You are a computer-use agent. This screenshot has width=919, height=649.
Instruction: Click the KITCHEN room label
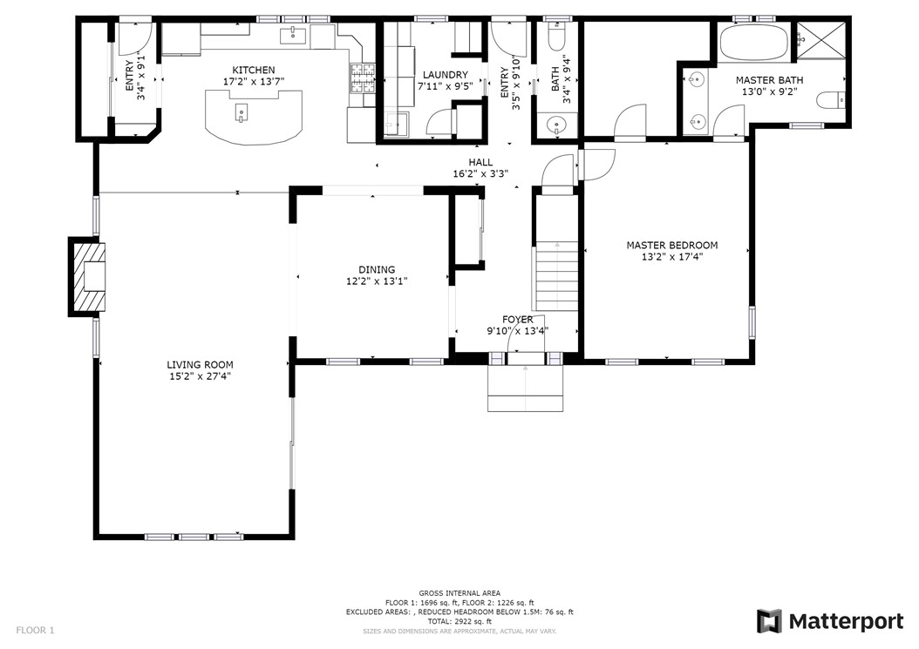pos(253,71)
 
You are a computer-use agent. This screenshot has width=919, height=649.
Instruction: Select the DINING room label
pos(377,269)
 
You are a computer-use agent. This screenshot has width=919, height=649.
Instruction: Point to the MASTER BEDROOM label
pos(672,246)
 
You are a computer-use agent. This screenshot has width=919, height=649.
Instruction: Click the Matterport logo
pos(830,621)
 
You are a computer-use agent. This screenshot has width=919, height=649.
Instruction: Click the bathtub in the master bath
pos(755,42)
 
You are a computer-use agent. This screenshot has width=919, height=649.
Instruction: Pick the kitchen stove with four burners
pos(363,78)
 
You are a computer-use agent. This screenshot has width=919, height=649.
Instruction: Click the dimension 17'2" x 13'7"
pos(253,81)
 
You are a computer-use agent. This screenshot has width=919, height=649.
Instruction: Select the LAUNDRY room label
pos(446,75)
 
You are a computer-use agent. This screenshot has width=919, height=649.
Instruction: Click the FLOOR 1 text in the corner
pos(35,630)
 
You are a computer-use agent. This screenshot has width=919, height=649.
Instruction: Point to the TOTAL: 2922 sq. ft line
pos(459,621)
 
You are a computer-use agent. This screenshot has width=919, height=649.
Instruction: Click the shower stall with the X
pos(820,40)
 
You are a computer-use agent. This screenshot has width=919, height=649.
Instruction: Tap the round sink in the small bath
pos(555,125)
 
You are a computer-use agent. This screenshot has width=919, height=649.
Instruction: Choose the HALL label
pos(480,162)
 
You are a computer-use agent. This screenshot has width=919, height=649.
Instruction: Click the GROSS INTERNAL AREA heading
pos(459,593)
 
